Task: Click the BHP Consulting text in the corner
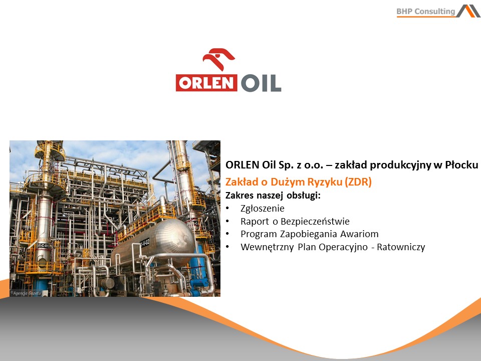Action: click(x=425, y=12)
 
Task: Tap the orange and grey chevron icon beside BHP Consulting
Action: click(x=468, y=11)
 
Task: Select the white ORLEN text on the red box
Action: click(x=206, y=83)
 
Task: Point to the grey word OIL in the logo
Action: click(x=261, y=83)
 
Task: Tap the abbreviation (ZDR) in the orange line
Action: click(x=358, y=182)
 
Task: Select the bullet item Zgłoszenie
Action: click(x=262, y=209)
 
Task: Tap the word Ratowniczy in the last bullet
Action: click(x=401, y=247)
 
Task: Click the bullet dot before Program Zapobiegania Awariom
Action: click(x=227, y=234)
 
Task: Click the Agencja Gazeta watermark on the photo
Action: click(x=26, y=293)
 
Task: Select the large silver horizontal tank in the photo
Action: click(x=153, y=243)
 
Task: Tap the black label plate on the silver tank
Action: click(x=144, y=243)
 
